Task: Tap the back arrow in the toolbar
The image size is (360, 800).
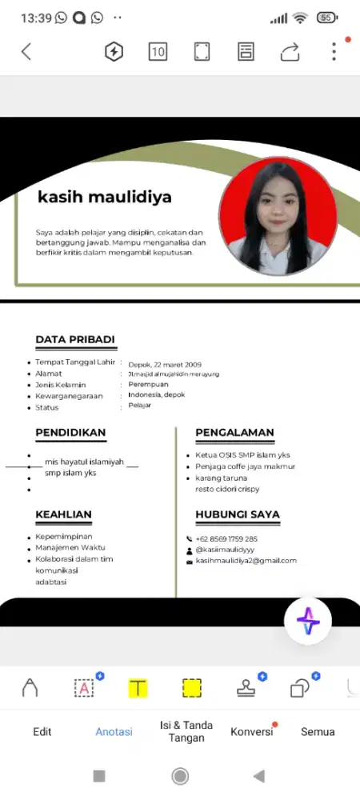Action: [x=26, y=52]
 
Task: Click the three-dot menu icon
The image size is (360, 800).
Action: [x=334, y=52]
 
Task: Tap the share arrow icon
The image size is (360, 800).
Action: [x=289, y=53]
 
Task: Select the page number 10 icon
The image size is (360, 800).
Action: [x=158, y=52]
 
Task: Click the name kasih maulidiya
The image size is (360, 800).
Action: [x=104, y=196]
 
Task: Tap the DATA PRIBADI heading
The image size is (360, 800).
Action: [x=75, y=340]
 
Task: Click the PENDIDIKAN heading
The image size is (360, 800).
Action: [x=70, y=433]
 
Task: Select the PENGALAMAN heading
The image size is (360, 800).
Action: [x=234, y=433]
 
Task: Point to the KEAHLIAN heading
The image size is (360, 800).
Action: [x=63, y=514]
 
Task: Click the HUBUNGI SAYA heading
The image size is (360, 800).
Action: [x=237, y=514]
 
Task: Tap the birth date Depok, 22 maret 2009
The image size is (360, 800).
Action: [x=165, y=365]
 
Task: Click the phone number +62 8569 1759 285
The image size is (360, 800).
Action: [x=226, y=539]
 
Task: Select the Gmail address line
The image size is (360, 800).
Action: [x=246, y=561]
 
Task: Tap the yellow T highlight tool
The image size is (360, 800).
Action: [x=138, y=688]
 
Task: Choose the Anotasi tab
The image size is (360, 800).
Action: [x=114, y=732]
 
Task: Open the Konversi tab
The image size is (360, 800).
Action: [x=251, y=732]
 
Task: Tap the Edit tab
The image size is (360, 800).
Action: [x=42, y=732]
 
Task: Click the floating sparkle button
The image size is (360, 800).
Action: [x=308, y=621]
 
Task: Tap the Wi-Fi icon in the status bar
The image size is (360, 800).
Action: [x=300, y=18]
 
